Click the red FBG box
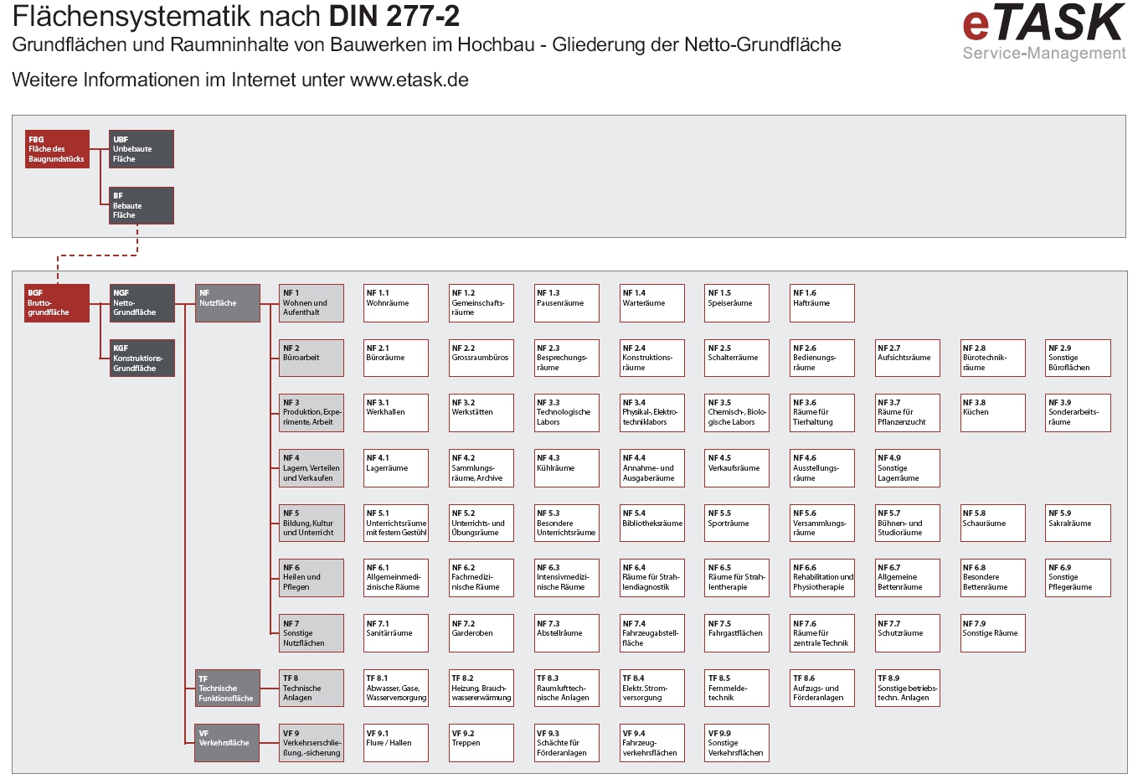coord(57,149)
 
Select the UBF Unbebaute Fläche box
coord(142,149)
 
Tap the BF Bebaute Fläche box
coord(142,205)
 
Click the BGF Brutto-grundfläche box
coord(57,303)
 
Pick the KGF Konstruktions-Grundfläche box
coord(142,358)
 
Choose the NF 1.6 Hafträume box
coord(822,303)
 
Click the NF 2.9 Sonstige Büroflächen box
coord(1079,358)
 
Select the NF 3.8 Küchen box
coord(993,413)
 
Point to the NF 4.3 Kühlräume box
coord(567,468)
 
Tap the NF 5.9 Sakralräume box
coord(1079,524)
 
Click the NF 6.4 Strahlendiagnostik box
coord(652,578)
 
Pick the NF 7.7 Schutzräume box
coord(908,633)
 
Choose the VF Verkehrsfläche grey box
coord(228,743)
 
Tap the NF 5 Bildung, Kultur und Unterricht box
coord(312,524)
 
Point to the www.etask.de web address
coord(409,80)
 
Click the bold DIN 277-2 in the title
coord(394,17)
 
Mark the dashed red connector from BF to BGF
coord(96,255)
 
